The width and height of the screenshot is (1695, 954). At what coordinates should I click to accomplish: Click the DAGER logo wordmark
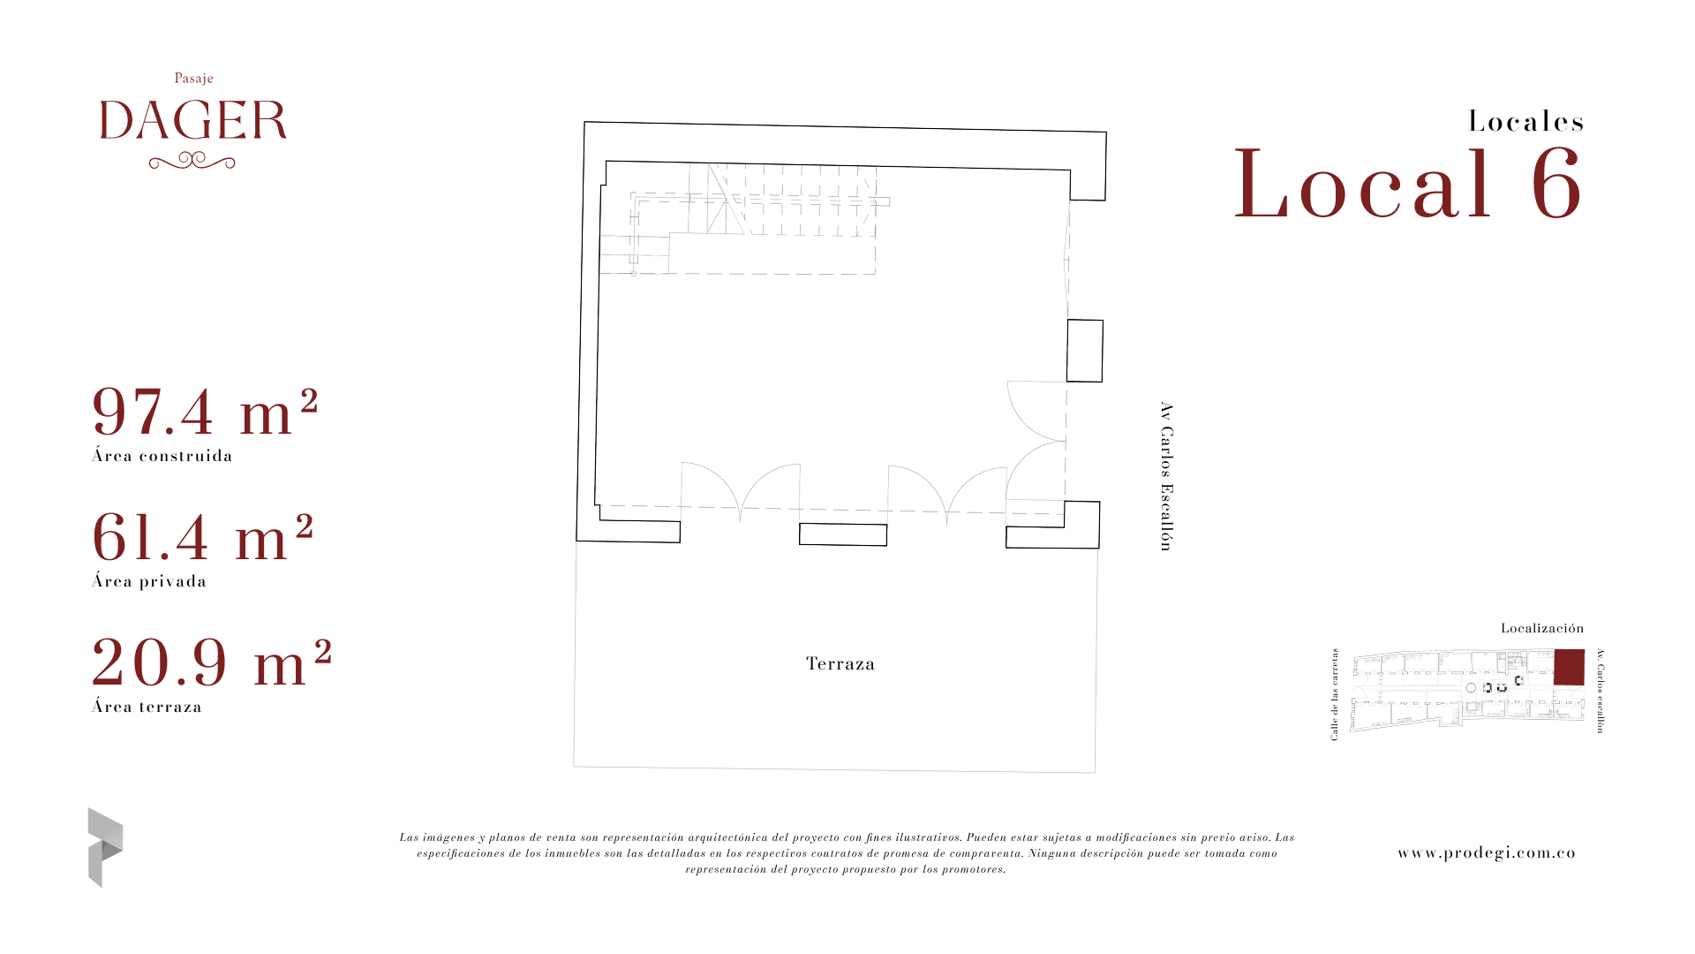tap(193, 120)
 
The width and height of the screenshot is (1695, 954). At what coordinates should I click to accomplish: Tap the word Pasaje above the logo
tap(194, 79)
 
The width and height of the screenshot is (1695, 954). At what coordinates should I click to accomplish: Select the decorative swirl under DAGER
tap(192, 161)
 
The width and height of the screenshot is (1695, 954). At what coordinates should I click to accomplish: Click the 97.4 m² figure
tap(205, 412)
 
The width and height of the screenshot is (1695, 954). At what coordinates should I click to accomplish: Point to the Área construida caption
tap(162, 456)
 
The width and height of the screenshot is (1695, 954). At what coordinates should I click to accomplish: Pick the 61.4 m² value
tap(203, 537)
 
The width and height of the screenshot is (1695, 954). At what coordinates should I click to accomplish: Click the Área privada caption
tap(149, 581)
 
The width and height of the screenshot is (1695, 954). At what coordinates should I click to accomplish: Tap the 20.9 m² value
tap(212, 662)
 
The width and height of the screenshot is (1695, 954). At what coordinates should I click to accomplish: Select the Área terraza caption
tap(147, 707)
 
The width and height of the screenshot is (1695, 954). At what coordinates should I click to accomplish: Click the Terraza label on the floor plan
tap(840, 663)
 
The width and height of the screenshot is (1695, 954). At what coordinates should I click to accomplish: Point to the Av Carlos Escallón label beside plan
tap(1166, 476)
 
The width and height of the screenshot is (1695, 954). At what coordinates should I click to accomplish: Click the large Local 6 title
tap(1408, 184)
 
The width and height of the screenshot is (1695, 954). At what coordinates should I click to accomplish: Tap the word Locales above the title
tap(1526, 121)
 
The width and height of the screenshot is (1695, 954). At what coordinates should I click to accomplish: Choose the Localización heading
tap(1542, 628)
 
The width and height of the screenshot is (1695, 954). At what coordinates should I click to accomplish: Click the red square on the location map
tap(1569, 667)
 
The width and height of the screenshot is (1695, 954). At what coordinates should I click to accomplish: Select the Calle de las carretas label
tap(1334, 694)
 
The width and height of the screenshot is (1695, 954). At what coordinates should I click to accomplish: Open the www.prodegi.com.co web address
tap(1487, 852)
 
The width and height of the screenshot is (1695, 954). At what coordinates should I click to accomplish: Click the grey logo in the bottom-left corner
tap(105, 847)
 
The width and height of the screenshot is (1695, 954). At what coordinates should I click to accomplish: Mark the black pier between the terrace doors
tap(843, 534)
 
